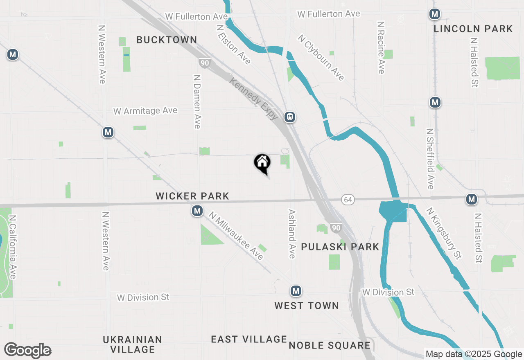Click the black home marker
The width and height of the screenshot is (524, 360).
pyautogui.click(x=262, y=162)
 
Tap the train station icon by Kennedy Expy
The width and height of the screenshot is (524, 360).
pyautogui.click(x=290, y=117)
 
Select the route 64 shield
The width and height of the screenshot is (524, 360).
pyautogui.click(x=348, y=200)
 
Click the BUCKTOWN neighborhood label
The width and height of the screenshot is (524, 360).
pyautogui.click(x=167, y=40)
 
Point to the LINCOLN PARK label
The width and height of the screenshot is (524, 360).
pyautogui.click(x=473, y=29)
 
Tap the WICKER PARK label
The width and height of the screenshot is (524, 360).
pyautogui.click(x=192, y=196)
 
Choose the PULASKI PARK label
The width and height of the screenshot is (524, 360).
pyautogui.click(x=340, y=247)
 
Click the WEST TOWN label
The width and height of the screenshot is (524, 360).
pyautogui.click(x=307, y=306)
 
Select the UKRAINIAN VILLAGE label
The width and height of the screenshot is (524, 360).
pyautogui.click(x=133, y=344)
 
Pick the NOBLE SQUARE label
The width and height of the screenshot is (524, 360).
pyautogui.click(x=330, y=345)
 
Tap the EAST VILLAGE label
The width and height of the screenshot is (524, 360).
pyautogui.click(x=249, y=339)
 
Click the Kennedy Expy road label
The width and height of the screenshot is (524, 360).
pyautogui.click(x=254, y=99)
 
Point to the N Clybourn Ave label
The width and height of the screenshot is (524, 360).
pyautogui.click(x=321, y=58)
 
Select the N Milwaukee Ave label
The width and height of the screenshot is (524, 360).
pyautogui.click(x=236, y=235)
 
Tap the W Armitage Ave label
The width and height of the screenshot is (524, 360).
pyautogui.click(x=145, y=111)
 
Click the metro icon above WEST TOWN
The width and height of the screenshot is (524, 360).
pyautogui.click(x=296, y=291)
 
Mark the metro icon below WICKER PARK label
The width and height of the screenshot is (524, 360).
pyautogui.click(x=197, y=211)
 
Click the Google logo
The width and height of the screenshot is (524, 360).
pyautogui.click(x=28, y=350)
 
